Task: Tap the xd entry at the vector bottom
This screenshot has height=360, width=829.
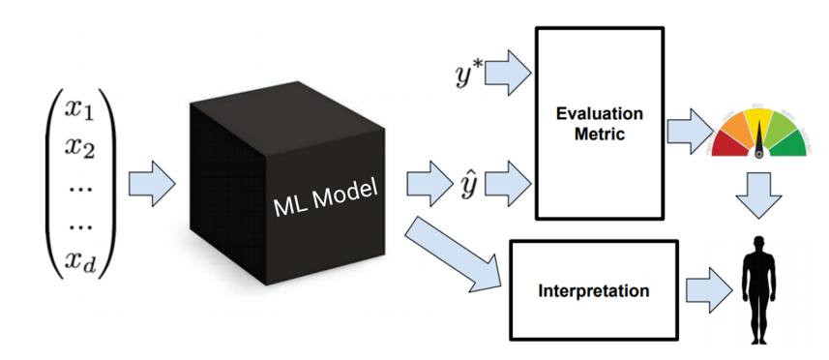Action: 82,258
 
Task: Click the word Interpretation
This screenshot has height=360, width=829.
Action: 593,290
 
